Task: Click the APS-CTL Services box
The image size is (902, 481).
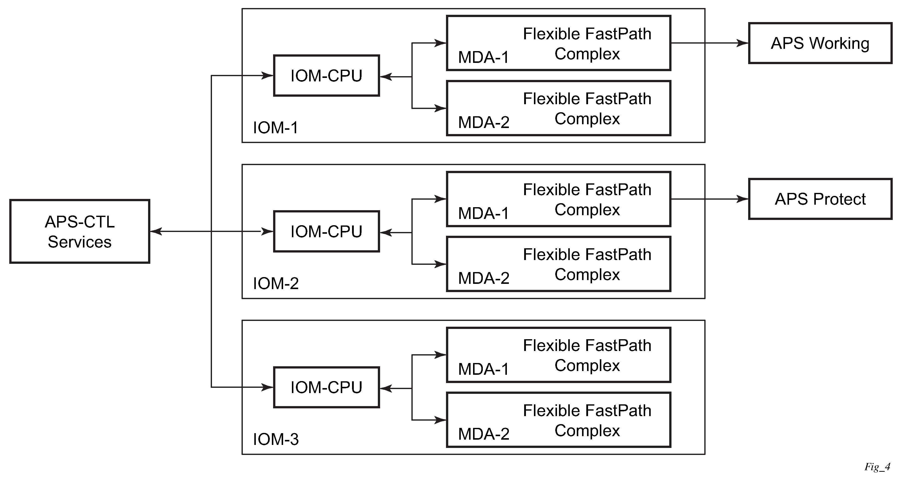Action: point(80,231)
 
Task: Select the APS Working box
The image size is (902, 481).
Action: point(820,43)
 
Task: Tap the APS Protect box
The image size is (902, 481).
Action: point(820,199)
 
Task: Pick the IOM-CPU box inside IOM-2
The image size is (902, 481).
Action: point(326,231)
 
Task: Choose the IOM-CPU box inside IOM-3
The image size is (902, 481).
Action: point(326,388)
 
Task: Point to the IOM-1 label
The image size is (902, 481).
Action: point(276,128)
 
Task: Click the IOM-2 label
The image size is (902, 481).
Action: point(276,284)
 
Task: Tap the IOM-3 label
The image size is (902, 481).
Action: point(276,439)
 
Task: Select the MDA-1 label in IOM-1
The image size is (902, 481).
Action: point(484,57)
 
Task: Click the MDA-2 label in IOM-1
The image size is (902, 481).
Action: point(484,123)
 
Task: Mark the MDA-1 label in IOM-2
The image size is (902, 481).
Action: point(484,213)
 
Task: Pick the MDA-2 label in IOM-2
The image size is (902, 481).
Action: point(484,278)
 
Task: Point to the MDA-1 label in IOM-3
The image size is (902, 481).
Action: point(484,369)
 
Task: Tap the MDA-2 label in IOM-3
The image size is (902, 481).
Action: point(484,434)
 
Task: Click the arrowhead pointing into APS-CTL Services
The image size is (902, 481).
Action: point(156,231)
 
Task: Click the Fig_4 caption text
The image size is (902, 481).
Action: point(877,467)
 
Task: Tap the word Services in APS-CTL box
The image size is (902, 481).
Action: point(80,242)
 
